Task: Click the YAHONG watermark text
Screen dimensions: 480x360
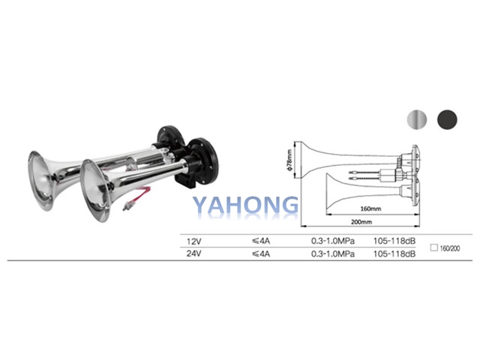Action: click(x=245, y=205)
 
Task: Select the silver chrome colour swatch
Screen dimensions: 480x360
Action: click(x=417, y=119)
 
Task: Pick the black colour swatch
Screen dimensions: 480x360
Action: click(x=447, y=119)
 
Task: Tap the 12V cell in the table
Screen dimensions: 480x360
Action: click(x=194, y=241)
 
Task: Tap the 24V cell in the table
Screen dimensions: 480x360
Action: click(x=194, y=253)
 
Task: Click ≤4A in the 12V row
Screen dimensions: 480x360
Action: click(x=261, y=241)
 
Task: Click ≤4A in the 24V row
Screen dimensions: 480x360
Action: click(x=261, y=253)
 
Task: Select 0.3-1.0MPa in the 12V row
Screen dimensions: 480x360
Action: click(x=333, y=241)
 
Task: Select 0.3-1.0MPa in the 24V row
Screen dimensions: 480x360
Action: click(x=333, y=253)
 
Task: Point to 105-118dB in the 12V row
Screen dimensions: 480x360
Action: click(x=394, y=241)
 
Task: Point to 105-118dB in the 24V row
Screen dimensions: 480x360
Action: click(x=394, y=253)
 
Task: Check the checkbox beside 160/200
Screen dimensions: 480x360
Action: click(x=433, y=247)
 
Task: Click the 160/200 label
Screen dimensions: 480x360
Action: click(x=450, y=248)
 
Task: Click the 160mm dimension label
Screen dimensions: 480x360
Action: click(x=370, y=208)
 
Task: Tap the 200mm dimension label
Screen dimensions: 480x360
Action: click(x=361, y=222)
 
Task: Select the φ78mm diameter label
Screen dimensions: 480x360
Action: click(x=289, y=160)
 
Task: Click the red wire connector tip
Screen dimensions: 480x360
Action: click(x=125, y=207)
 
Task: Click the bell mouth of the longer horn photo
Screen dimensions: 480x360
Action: click(x=40, y=181)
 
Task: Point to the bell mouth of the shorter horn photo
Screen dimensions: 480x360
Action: click(x=95, y=190)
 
